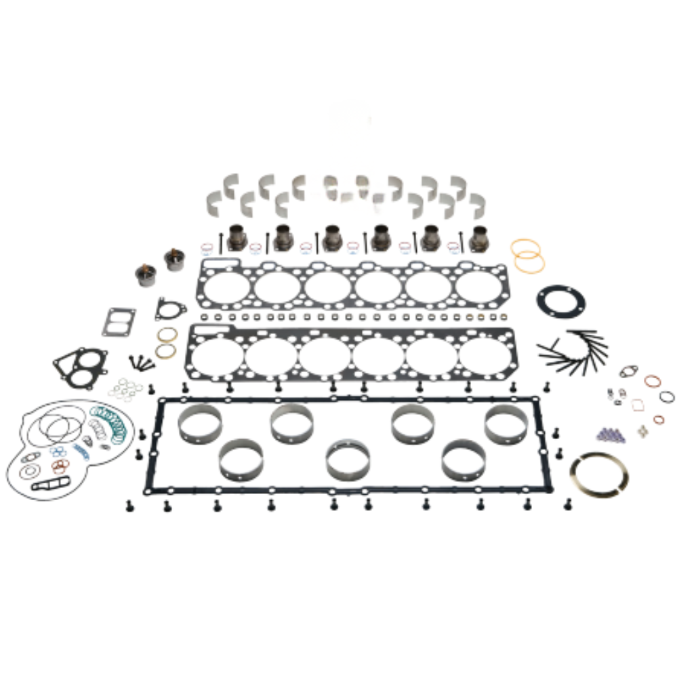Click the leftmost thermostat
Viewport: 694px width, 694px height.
pyautogui.click(x=145, y=274)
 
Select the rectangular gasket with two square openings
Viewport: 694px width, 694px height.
pyautogui.click(x=119, y=322)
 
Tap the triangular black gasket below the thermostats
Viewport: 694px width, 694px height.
pyautogui.click(x=170, y=309)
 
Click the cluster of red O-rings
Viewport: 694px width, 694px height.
pyautogui.click(x=61, y=466)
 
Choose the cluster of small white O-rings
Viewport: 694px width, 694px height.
pyautogui.click(x=125, y=389)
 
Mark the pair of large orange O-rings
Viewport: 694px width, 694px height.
pyautogui.click(x=527, y=256)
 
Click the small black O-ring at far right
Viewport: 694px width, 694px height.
pyautogui.click(x=667, y=396)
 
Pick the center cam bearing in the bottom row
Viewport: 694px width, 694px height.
pyautogui.click(x=348, y=459)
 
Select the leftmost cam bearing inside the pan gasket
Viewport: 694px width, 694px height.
pyautogui.click(x=199, y=423)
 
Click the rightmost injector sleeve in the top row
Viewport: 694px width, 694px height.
pyautogui.click(x=480, y=238)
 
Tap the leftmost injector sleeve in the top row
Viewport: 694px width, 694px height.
pyautogui.click(x=237, y=237)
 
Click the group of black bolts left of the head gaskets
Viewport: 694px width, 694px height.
pyautogui.click(x=142, y=363)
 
